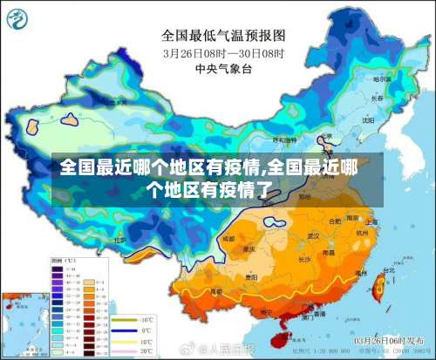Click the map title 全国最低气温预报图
222,36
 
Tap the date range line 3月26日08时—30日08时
221,52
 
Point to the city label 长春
377,99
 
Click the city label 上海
372,223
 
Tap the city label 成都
228,237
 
